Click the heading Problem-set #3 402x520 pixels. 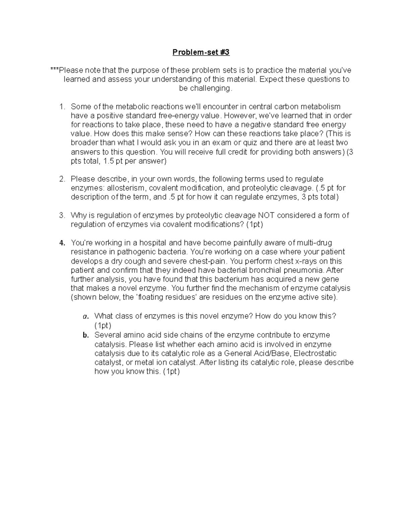pos(201,52)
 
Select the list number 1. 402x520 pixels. pos(62,107)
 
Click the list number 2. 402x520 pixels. pos(62,179)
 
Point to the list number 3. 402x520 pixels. pos(62,215)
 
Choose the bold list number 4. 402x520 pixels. pos(62,243)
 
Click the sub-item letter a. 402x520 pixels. pos(85,316)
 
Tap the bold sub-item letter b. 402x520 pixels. pos(85,335)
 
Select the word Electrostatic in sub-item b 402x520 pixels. pos(315,354)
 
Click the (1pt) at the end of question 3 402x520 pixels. pos(255,224)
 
